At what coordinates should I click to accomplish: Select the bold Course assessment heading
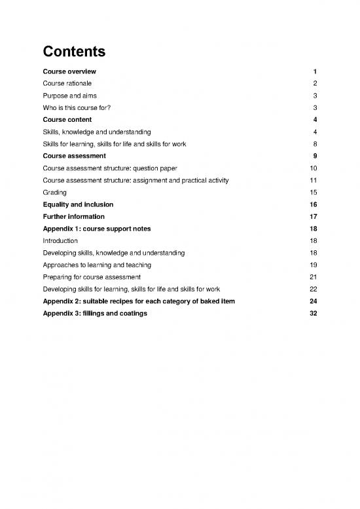tap(75, 156)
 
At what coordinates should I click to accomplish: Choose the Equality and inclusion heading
tap(77, 204)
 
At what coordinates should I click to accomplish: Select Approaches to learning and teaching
tap(96, 265)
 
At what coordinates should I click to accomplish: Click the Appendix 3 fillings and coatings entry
tap(95, 313)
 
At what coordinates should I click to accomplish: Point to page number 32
tap(313, 313)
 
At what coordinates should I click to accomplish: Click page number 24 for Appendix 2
tap(313, 301)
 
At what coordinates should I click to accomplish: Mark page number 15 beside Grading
tap(314, 193)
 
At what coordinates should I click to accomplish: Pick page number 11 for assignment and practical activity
tap(314, 180)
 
